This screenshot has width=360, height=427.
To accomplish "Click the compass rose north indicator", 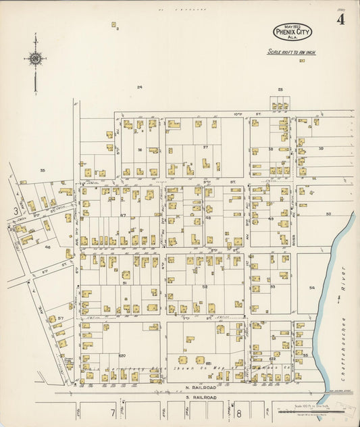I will pos(34,59).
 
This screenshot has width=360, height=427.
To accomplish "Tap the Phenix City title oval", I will pos(292,31).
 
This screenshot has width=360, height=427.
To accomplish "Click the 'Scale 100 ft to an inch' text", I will pos(291,51).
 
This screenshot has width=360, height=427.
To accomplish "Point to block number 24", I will pos(140,87).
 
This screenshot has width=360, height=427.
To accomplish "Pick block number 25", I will pos(280,89).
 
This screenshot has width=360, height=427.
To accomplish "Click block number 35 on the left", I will pos(42,170).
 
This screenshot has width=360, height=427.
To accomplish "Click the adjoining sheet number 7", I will pos(113,412).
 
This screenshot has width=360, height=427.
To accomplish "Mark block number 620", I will pos(122,355).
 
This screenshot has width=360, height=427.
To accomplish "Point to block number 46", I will pos(47,247).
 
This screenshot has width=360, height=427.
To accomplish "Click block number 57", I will pos(60,318).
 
